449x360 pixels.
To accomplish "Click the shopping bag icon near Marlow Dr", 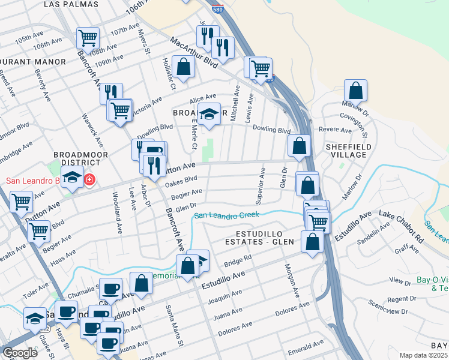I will (x=355, y=91).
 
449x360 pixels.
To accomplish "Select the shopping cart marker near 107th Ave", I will (x=88, y=38).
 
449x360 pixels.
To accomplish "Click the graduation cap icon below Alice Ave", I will (x=208, y=113).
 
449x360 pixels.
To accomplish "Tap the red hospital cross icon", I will (x=89, y=179).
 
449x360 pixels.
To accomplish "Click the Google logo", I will (x=19, y=352).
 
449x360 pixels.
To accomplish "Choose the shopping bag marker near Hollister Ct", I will (x=183, y=67).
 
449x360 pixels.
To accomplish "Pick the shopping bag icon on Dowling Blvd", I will (x=299, y=145).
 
